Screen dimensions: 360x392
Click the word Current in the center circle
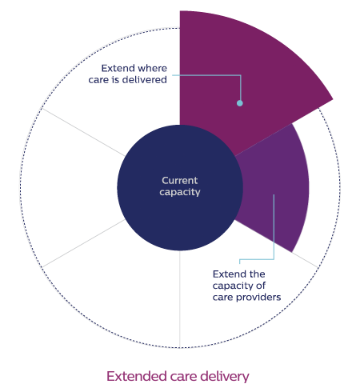[x=180, y=181]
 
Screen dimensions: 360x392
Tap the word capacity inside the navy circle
[x=180, y=192]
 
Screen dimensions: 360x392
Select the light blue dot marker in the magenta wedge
[x=240, y=103]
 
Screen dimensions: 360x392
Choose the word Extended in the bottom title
[x=137, y=376]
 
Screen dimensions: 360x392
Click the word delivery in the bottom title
[x=225, y=377]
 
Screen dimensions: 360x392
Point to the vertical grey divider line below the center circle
[x=180, y=299]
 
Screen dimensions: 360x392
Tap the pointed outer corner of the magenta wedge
[x=333, y=99]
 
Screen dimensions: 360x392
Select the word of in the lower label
[x=261, y=286]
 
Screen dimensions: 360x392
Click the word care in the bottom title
[x=183, y=377]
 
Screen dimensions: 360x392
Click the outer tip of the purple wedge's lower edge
[x=292, y=252]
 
